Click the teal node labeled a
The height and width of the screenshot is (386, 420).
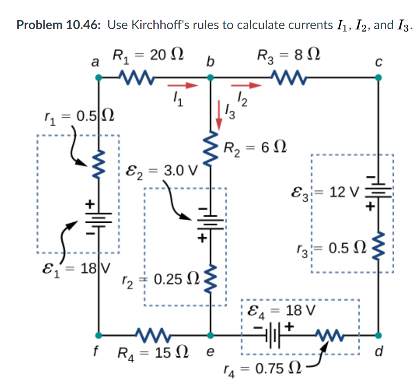click(98, 77)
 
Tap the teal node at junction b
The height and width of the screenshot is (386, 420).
click(210, 77)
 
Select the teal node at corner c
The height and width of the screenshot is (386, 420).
click(379, 77)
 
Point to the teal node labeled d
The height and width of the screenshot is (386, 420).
click(379, 334)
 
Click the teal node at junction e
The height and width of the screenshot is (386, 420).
click(210, 334)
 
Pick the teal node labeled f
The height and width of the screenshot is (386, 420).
click(98, 334)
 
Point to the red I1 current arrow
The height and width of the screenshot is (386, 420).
click(183, 86)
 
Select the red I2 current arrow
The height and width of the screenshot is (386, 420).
click(246, 86)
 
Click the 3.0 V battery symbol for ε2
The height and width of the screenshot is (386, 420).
click(210, 222)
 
